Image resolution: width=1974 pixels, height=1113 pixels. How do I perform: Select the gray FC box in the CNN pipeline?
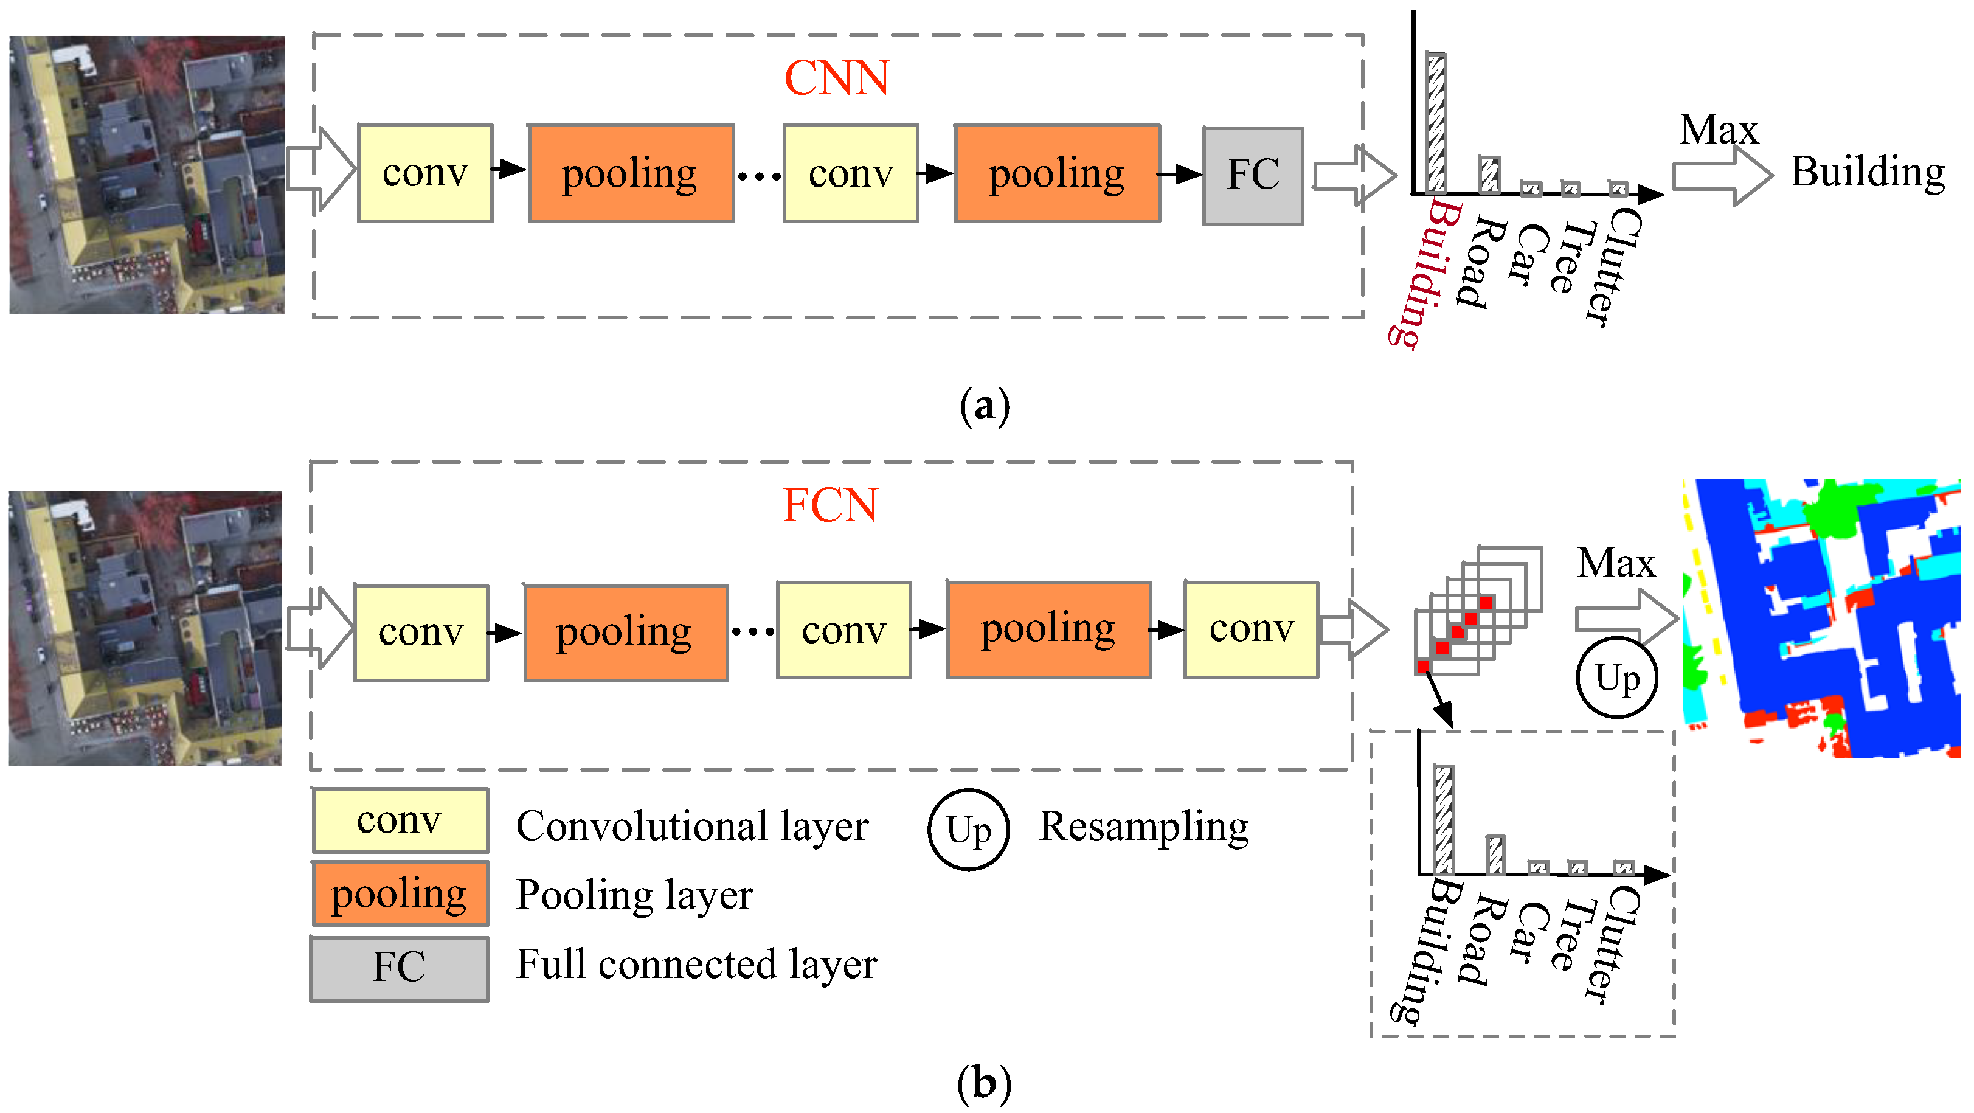[1252, 176]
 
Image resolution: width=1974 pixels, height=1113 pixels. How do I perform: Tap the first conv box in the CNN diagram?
[424, 173]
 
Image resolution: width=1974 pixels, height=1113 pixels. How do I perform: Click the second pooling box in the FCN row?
[1048, 629]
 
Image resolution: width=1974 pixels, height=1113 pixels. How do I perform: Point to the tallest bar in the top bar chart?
[1435, 123]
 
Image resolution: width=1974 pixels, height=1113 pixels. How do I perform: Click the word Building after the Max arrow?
[1867, 172]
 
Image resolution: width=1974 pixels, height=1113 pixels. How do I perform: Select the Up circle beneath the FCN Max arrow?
[1617, 678]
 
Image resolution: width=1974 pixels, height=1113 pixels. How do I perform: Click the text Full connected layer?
[696, 964]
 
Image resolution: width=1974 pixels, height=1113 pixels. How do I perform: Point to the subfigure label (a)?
[985, 406]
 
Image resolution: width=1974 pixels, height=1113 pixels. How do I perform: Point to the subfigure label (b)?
[985, 1084]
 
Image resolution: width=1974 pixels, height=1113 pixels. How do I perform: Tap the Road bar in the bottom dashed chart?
[1494, 855]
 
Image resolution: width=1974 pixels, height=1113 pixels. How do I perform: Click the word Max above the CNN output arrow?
[1718, 130]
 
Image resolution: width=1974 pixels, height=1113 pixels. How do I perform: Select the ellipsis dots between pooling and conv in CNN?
[758, 176]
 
